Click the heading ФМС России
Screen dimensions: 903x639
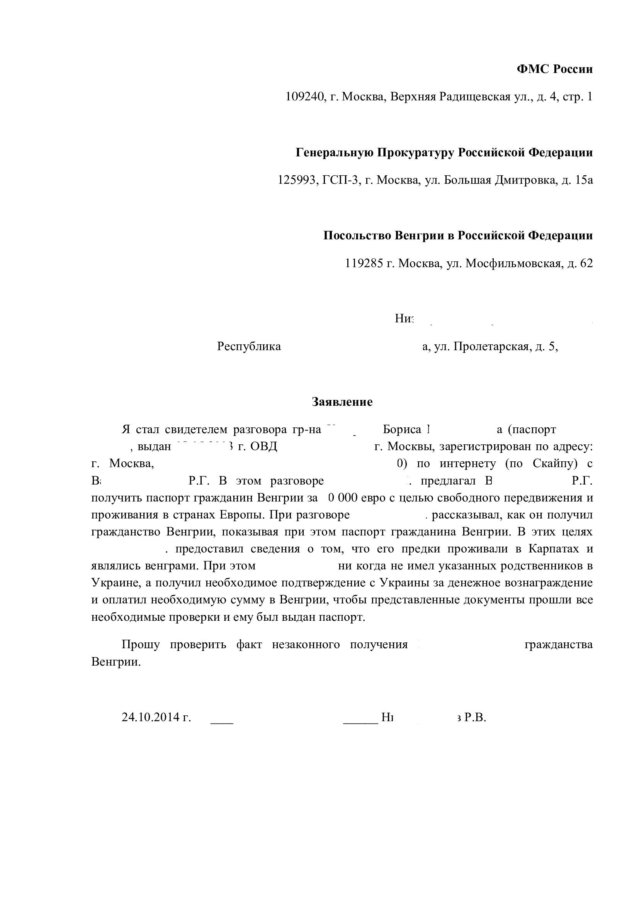(x=554, y=69)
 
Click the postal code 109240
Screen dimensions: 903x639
(x=304, y=97)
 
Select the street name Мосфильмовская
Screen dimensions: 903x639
(x=513, y=263)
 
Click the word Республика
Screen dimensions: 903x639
(x=249, y=346)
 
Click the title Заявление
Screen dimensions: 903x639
(x=342, y=402)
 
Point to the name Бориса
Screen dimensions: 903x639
(x=402, y=429)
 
